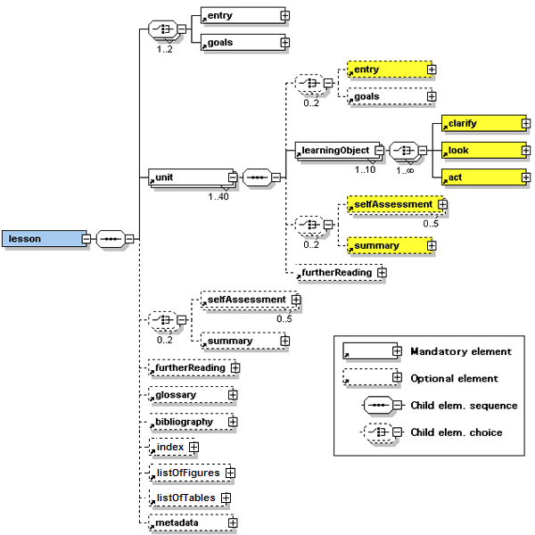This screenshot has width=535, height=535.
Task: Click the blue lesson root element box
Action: [x=41, y=239]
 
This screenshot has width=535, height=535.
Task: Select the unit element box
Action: [x=190, y=177]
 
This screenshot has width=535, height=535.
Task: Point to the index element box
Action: [x=170, y=447]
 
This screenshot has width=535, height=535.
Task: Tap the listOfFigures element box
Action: [x=186, y=473]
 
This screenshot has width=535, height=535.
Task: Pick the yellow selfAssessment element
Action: [x=391, y=205]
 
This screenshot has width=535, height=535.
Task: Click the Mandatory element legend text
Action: [x=461, y=351]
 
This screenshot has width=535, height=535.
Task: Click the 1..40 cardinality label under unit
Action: [x=219, y=196]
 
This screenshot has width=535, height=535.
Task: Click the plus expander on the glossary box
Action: [x=233, y=394]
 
